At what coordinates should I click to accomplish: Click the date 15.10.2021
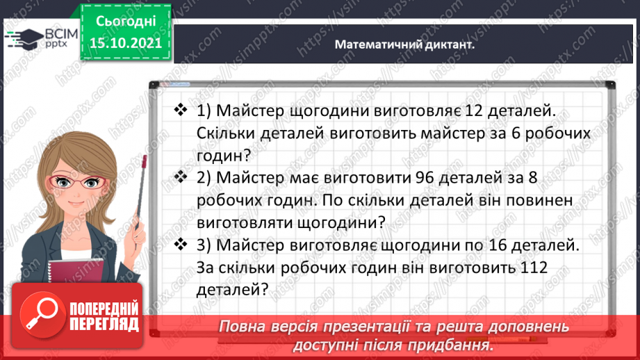[126, 42]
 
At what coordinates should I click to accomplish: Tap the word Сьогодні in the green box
[126, 21]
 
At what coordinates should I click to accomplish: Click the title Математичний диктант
[404, 44]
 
